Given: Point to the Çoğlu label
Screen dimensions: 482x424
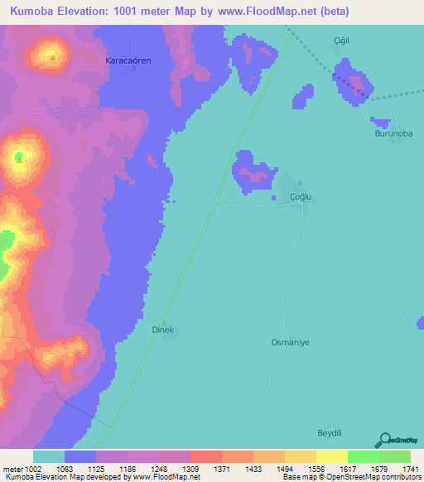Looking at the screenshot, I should [305, 196].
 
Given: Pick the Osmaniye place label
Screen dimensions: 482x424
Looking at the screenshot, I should [290, 342].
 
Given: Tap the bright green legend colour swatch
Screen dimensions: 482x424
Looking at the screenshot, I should [363, 456].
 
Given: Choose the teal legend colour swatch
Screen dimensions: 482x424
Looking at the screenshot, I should [49, 456].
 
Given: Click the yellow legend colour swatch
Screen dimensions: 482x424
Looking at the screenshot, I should [331, 456].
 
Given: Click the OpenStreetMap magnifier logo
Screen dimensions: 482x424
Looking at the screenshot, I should [383, 441].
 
